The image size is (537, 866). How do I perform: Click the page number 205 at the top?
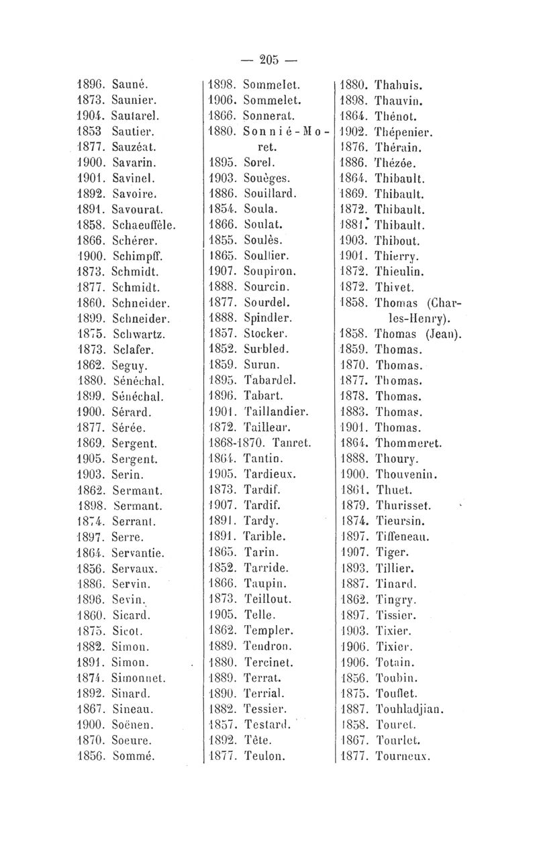pos(268,60)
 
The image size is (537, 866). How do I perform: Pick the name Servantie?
pos(142,553)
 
